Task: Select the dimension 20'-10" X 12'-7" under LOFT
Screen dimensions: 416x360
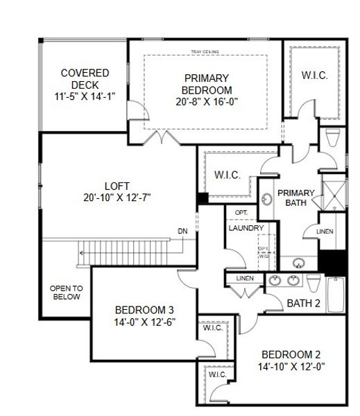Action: (x=117, y=198)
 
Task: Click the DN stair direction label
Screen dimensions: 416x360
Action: (x=182, y=231)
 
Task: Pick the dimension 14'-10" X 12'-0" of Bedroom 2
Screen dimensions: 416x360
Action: (x=292, y=367)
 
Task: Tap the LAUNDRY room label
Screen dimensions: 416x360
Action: (x=246, y=227)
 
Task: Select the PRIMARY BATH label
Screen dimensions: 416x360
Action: (x=296, y=198)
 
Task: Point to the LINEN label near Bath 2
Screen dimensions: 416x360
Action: (x=245, y=279)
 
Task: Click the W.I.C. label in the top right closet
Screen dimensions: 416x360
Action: (x=314, y=75)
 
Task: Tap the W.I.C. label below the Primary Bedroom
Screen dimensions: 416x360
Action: (x=228, y=175)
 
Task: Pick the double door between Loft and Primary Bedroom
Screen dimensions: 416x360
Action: (x=161, y=136)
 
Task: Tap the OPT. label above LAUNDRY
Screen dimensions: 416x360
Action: (x=241, y=212)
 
